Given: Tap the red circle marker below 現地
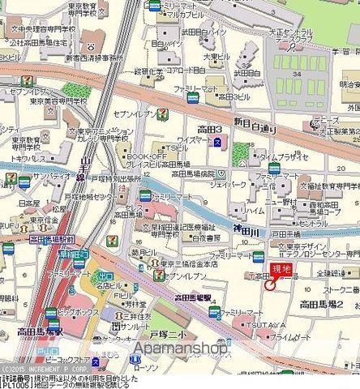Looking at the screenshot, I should tap(269, 283).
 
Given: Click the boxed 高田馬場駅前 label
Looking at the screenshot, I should tap(51, 240).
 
